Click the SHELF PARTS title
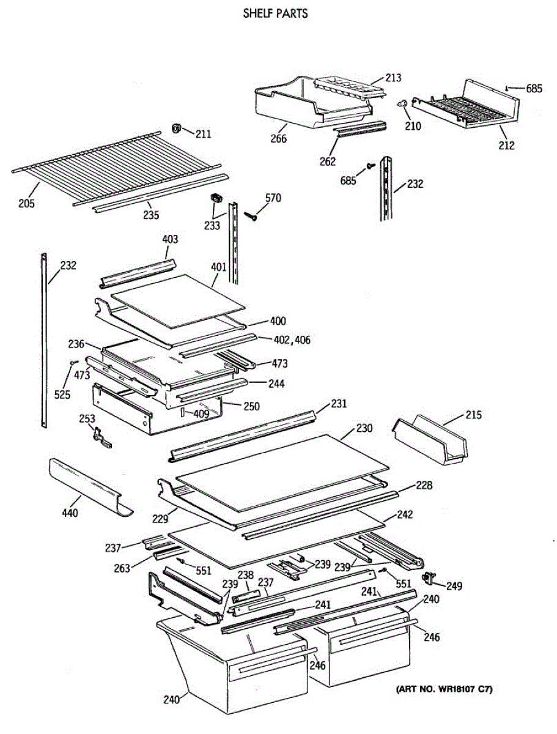pyautogui.click(x=275, y=13)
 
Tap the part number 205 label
pyautogui.click(x=26, y=203)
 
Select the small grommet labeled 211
pyautogui.click(x=176, y=128)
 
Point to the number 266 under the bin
pyautogui.click(x=279, y=138)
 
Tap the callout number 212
pyautogui.click(x=506, y=145)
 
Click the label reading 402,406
pyautogui.click(x=292, y=339)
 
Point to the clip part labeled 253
pyautogui.click(x=102, y=438)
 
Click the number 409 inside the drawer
pyautogui.click(x=202, y=413)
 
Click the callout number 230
pyautogui.click(x=364, y=428)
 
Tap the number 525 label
pyautogui.click(x=62, y=395)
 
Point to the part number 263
pyautogui.click(x=122, y=568)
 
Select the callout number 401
pyautogui.click(x=219, y=267)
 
